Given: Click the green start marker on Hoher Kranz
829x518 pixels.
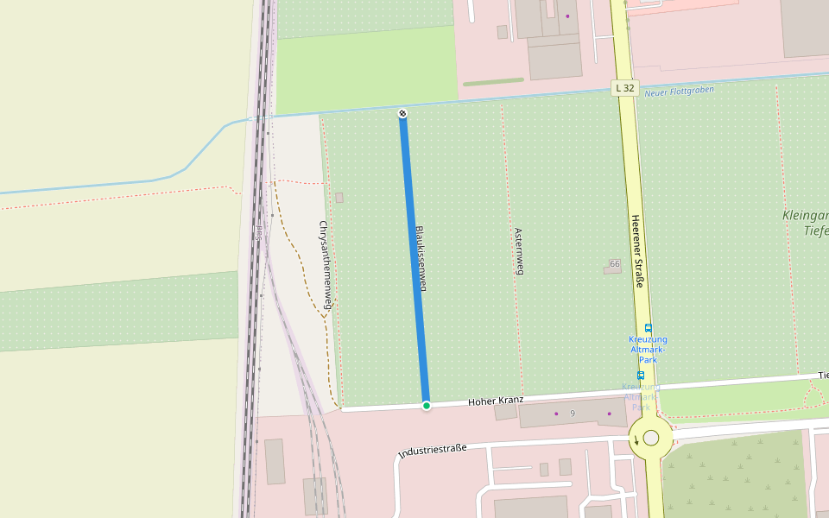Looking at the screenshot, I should (426, 405).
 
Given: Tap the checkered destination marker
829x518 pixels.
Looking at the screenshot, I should (402, 114).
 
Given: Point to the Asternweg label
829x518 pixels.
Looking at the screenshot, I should (519, 251).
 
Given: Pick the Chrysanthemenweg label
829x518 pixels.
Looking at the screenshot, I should (326, 265).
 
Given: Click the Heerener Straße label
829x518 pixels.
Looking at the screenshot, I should (638, 251).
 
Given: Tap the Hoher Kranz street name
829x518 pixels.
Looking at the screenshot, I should (496, 401).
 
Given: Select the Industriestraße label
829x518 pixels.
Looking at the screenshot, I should (432, 450).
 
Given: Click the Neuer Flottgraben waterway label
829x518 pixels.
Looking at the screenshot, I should (680, 91).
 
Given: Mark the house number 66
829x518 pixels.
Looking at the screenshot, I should (615, 263).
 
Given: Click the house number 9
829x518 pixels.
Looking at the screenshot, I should (572, 414).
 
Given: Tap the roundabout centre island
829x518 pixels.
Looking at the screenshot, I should (651, 438).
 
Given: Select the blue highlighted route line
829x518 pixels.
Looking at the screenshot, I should (414, 259).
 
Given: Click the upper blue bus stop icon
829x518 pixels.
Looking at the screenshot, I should (649, 327).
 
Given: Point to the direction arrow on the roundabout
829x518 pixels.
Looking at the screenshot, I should (636, 440).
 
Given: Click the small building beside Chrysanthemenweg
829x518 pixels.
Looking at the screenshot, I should (339, 198).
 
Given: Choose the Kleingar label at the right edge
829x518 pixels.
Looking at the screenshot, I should (805, 215).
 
